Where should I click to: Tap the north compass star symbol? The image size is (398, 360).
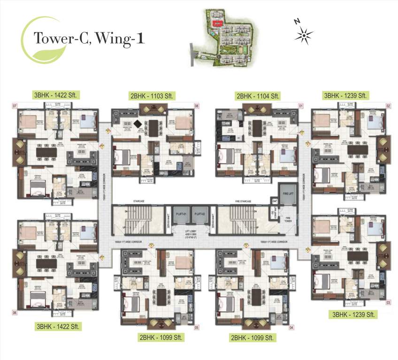click(x=304, y=34)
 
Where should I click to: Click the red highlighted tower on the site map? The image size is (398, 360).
click(x=217, y=22)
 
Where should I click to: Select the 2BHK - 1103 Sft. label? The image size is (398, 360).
click(x=152, y=96)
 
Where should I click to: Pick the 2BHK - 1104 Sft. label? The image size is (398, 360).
click(x=258, y=96)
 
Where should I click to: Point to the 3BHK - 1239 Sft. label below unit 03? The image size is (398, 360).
click(x=352, y=314)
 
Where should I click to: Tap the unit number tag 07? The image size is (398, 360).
click(x=15, y=106)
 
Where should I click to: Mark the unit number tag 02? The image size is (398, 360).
click(x=389, y=106)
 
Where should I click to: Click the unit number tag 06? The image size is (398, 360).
click(x=15, y=312)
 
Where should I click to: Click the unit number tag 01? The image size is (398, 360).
click(x=301, y=106)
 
